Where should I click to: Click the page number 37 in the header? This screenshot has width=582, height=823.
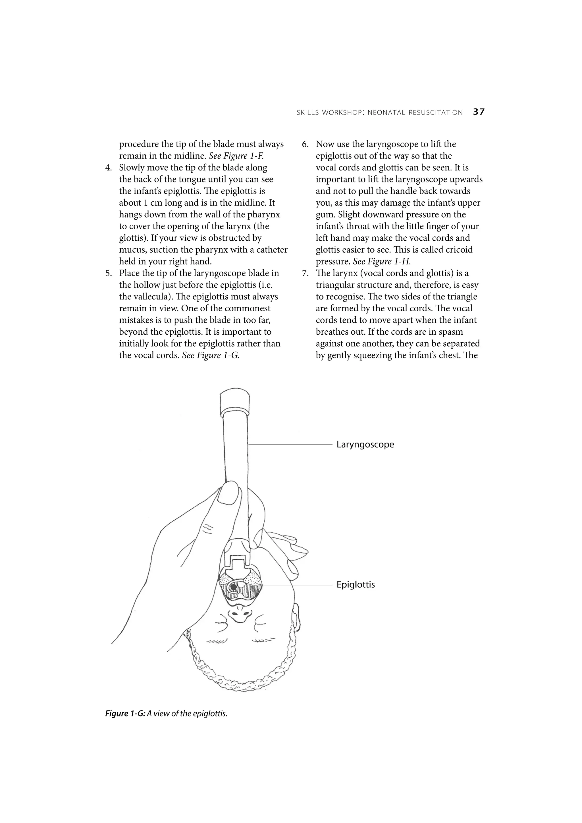coord(479,112)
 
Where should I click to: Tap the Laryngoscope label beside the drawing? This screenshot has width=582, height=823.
coord(365,445)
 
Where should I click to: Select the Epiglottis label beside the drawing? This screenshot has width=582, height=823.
coord(356,585)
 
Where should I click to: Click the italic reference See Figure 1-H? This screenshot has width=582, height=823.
coord(382,262)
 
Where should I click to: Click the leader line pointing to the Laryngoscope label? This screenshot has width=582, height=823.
coord(290,445)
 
